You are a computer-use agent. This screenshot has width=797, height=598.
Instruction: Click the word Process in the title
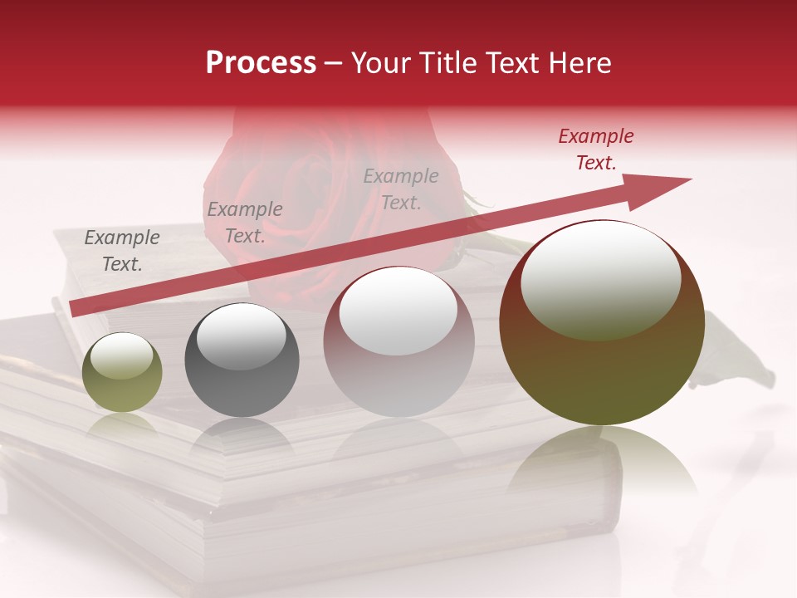coord(261,63)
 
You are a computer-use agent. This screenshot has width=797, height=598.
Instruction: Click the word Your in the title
coord(384,63)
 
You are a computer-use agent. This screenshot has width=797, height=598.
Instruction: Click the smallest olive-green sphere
coord(122,373)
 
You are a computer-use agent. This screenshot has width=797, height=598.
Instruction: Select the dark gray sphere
coord(242,360)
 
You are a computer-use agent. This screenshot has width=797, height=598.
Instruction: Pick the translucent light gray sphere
coord(398,341)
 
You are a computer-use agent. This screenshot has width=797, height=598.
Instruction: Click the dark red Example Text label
coord(595,149)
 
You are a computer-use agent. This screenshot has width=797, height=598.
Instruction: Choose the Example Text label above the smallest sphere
coord(122,251)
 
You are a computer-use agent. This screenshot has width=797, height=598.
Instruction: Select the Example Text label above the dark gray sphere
coord(245,223)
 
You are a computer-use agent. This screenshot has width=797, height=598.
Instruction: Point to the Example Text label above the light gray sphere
coord(401,189)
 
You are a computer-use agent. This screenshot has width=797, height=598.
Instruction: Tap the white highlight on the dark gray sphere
coord(241,336)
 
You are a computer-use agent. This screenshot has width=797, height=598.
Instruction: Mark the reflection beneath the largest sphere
coord(602,465)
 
